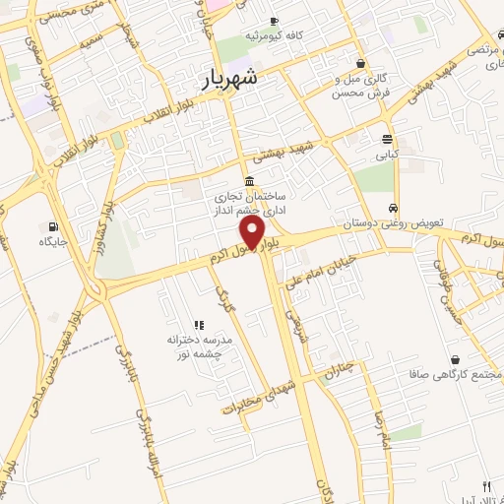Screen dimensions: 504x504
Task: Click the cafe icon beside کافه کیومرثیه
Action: point(273,21)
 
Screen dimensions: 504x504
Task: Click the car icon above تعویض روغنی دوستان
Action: point(393,209)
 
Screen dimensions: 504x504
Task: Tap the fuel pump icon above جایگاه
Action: point(51,225)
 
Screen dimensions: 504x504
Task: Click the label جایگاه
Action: point(51,241)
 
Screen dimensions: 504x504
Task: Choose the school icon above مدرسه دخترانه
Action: point(198,324)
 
